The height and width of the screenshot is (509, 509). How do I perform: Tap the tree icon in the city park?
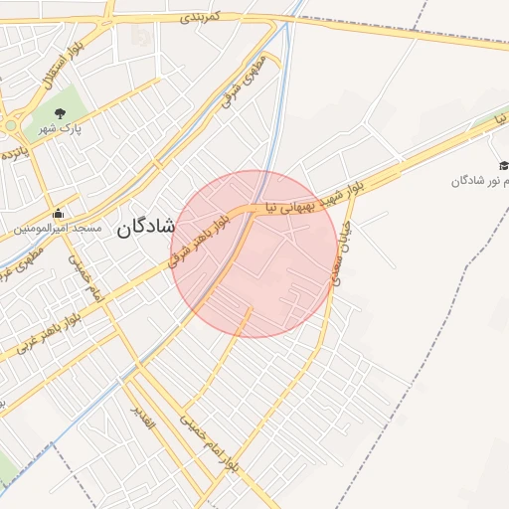[x=61, y=112]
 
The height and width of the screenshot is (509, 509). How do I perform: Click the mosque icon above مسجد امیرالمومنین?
[x=58, y=213]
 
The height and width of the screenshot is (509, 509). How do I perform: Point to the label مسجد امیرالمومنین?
[x=58, y=229]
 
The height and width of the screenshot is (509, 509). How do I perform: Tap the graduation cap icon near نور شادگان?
[x=503, y=165]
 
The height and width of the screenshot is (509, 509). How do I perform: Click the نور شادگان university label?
[x=481, y=180]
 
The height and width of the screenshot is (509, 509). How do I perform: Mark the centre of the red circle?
[x=254, y=254]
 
